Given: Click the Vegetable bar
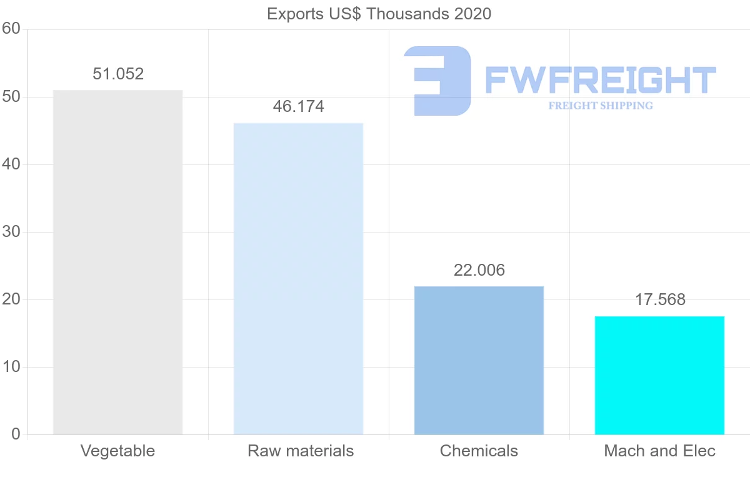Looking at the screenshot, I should (x=118, y=263).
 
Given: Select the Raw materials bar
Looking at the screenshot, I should (x=298, y=279).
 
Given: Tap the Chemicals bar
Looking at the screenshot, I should (x=479, y=360).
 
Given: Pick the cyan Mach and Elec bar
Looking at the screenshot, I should (x=659, y=375).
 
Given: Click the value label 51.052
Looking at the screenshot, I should (x=118, y=74).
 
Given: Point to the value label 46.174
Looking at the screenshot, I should (x=298, y=107).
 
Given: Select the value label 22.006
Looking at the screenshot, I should (x=479, y=270).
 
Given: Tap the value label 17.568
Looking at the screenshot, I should (x=660, y=300).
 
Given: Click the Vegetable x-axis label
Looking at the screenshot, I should (x=118, y=451).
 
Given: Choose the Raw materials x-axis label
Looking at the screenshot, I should (x=301, y=451).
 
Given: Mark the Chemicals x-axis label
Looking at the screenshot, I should (x=479, y=451).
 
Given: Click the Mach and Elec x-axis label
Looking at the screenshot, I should (x=659, y=451).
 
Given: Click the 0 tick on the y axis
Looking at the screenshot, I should (x=16, y=434).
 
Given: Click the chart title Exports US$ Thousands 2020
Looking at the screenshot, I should (x=379, y=14).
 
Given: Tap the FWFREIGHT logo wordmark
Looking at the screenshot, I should (x=600, y=80).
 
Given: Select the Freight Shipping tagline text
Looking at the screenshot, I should (x=601, y=106).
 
